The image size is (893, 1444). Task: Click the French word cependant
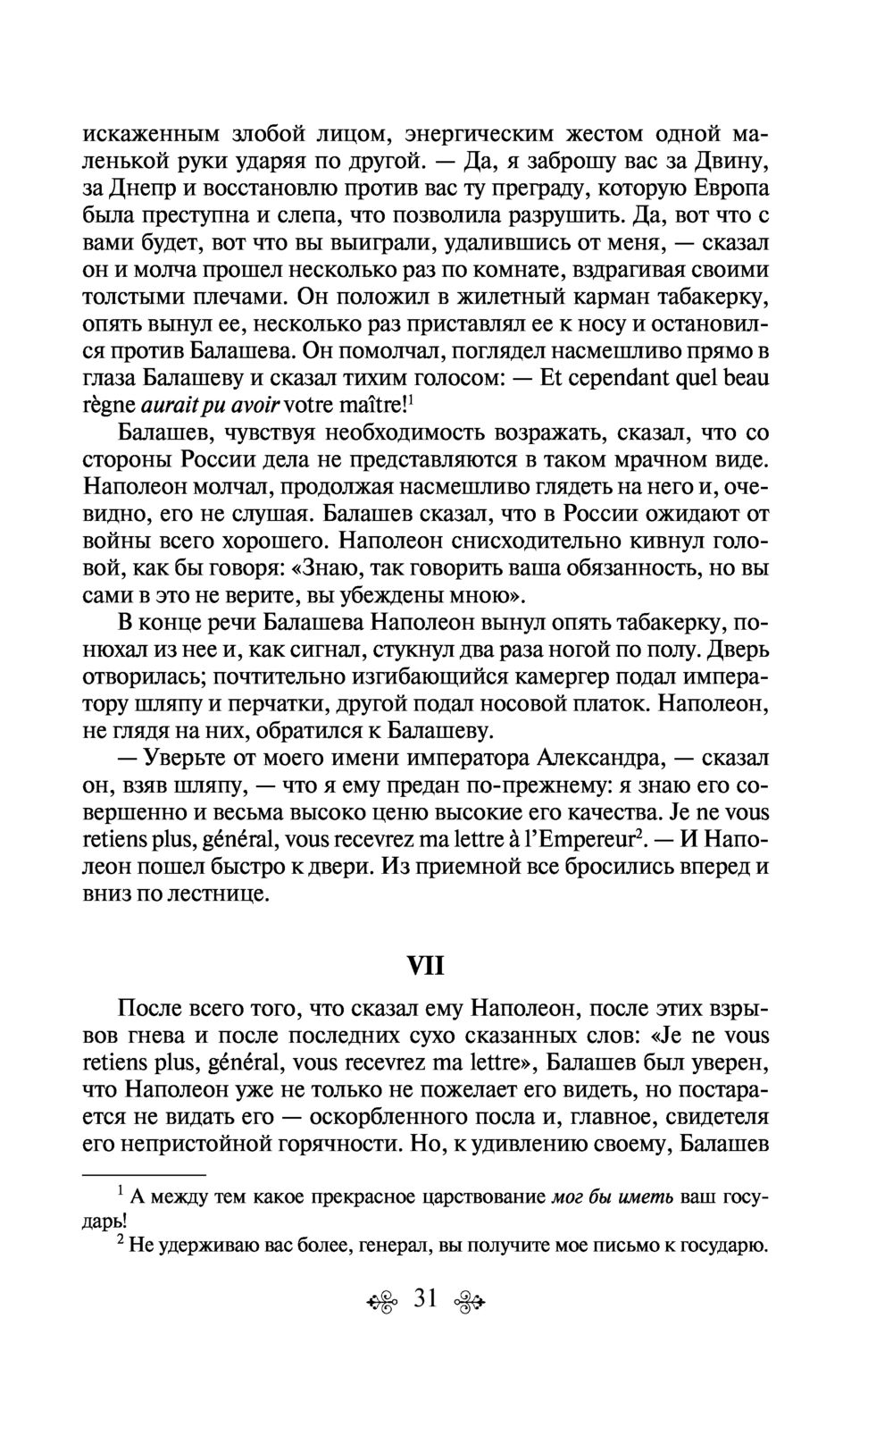click(624, 378)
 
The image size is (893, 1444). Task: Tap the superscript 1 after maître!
click(410, 399)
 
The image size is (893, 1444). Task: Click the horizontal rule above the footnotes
click(144, 1174)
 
